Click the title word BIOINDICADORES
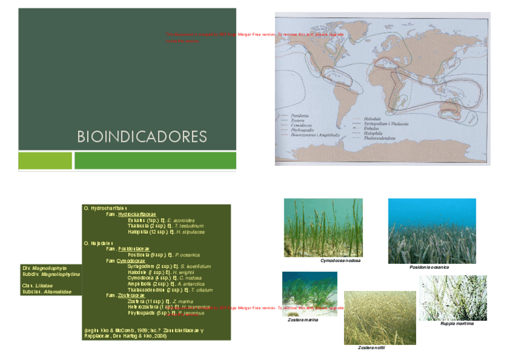pos(142,136)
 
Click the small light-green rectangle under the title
pos(45,160)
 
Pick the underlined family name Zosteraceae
pos(131,296)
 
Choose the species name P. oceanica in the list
pos(188,255)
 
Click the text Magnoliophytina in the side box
pos(60,273)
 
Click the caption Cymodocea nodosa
pos(340,261)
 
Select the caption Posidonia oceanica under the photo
pos(429,267)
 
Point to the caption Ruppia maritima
pos(456,323)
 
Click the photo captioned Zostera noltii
pos(379,317)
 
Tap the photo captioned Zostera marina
pos(309,293)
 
